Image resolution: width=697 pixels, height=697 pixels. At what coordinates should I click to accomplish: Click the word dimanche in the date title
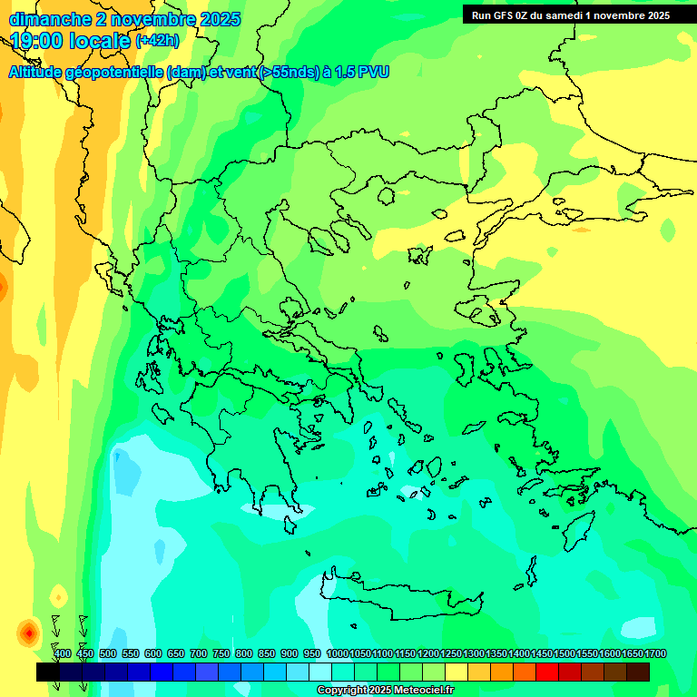coord(49,19)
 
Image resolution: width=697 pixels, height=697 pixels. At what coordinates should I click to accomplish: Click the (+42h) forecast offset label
coord(157,41)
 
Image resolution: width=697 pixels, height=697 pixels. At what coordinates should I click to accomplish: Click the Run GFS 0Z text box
coord(571,15)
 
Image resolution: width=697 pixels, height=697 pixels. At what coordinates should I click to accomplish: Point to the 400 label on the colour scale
coord(62,653)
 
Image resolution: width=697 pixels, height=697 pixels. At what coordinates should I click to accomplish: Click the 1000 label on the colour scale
coord(337,653)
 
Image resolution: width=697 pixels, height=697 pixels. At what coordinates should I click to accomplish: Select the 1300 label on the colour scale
coord(474,653)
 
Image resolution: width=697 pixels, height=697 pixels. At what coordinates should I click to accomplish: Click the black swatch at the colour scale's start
coord(48,672)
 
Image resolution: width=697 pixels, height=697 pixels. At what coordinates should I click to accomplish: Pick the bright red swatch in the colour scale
coord(547,672)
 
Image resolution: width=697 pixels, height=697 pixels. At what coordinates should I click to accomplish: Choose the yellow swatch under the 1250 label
coord(456,672)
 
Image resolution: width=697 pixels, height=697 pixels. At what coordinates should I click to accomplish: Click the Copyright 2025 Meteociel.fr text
coord(385,691)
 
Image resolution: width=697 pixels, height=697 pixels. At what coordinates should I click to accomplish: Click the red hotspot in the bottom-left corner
coord(29,632)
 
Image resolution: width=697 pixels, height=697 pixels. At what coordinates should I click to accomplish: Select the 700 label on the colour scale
coord(198,653)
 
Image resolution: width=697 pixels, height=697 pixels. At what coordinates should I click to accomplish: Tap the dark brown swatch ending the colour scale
coord(638,672)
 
